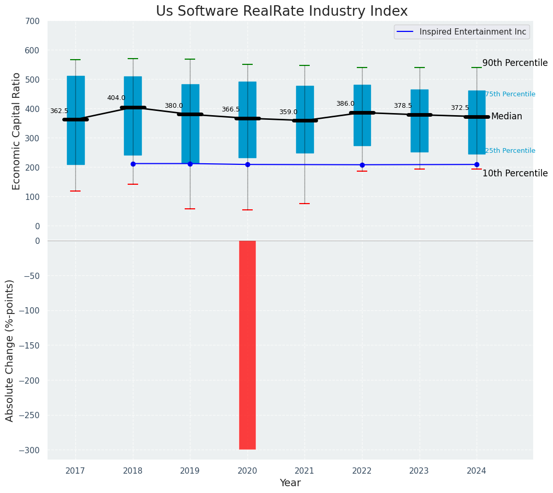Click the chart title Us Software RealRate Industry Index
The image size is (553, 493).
pyautogui.click(x=281, y=12)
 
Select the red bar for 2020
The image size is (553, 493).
pyautogui.click(x=247, y=345)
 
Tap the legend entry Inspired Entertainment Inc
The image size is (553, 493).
pyautogui.click(x=472, y=32)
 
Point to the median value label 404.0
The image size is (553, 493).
pyautogui.click(x=116, y=98)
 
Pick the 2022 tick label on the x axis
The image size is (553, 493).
pyautogui.click(x=362, y=471)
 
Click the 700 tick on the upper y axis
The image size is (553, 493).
pyautogui.click(x=32, y=21)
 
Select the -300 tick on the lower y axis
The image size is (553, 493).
pyautogui.click(x=29, y=450)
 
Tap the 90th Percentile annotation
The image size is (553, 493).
pyautogui.click(x=515, y=63)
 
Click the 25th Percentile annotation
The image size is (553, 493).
pyautogui.click(x=510, y=151)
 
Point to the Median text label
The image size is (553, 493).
pyautogui.click(x=506, y=117)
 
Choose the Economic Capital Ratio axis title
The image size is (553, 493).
pyautogui.click(x=16, y=131)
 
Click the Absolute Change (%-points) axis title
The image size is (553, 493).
pyautogui.click(x=10, y=350)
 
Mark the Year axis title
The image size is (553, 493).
pyautogui.click(x=290, y=483)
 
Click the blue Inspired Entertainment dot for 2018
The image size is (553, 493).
pyautogui.click(x=133, y=164)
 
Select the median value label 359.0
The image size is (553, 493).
pyautogui.click(x=288, y=112)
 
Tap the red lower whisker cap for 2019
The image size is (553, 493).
pyautogui.click(x=190, y=209)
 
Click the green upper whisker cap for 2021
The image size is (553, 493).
pyautogui.click(x=304, y=65)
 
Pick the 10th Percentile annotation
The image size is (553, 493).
pyautogui.click(x=515, y=173)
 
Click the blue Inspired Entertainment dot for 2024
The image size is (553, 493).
pyautogui.click(x=477, y=164)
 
